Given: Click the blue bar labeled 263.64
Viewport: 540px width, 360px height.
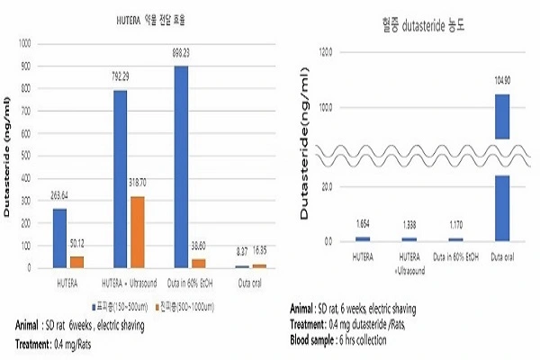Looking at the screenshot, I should click(59, 238).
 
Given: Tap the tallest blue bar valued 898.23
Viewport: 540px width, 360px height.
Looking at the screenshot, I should click(182, 166).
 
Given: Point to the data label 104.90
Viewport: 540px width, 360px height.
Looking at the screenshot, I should click(501, 79).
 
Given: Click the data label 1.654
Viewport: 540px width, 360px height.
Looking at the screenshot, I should click(362, 221).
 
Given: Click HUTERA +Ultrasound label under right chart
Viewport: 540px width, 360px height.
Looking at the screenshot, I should click(409, 263).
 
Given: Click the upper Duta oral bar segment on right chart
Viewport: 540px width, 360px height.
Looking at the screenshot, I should click(502, 116).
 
